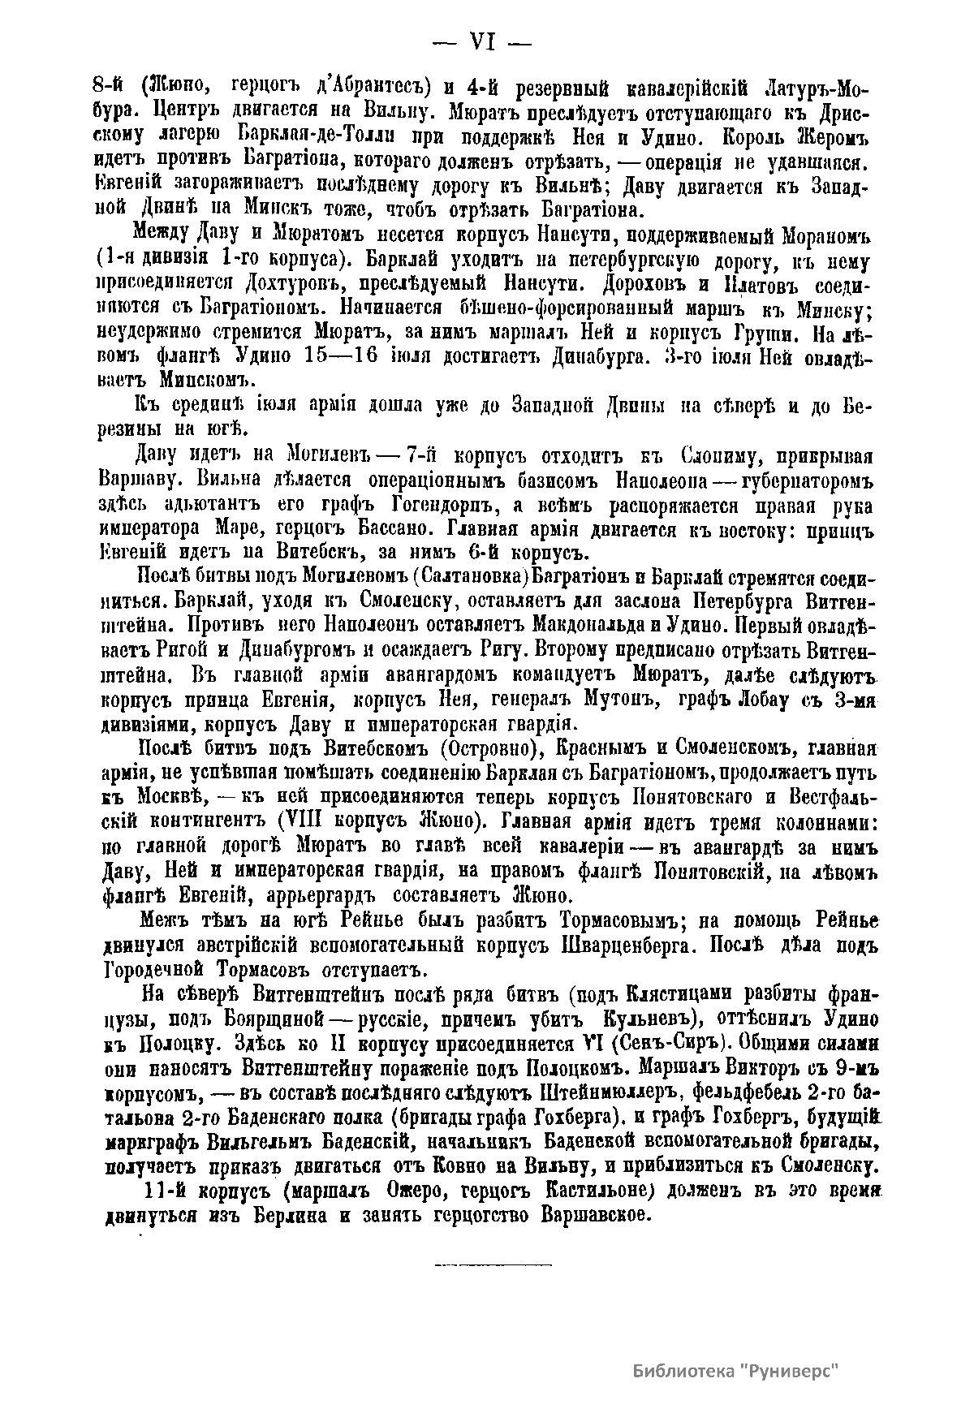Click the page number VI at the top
pos(483,41)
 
